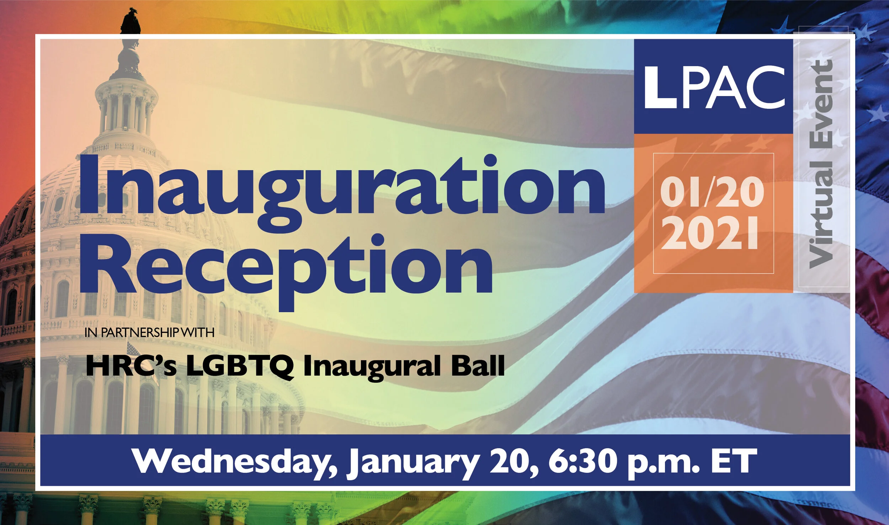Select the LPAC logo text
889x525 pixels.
[714, 87]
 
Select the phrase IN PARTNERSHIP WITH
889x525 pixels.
[149, 333]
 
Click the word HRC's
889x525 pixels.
[131, 366]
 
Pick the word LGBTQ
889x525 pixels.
[240, 366]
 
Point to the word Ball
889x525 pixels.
[478, 366]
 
